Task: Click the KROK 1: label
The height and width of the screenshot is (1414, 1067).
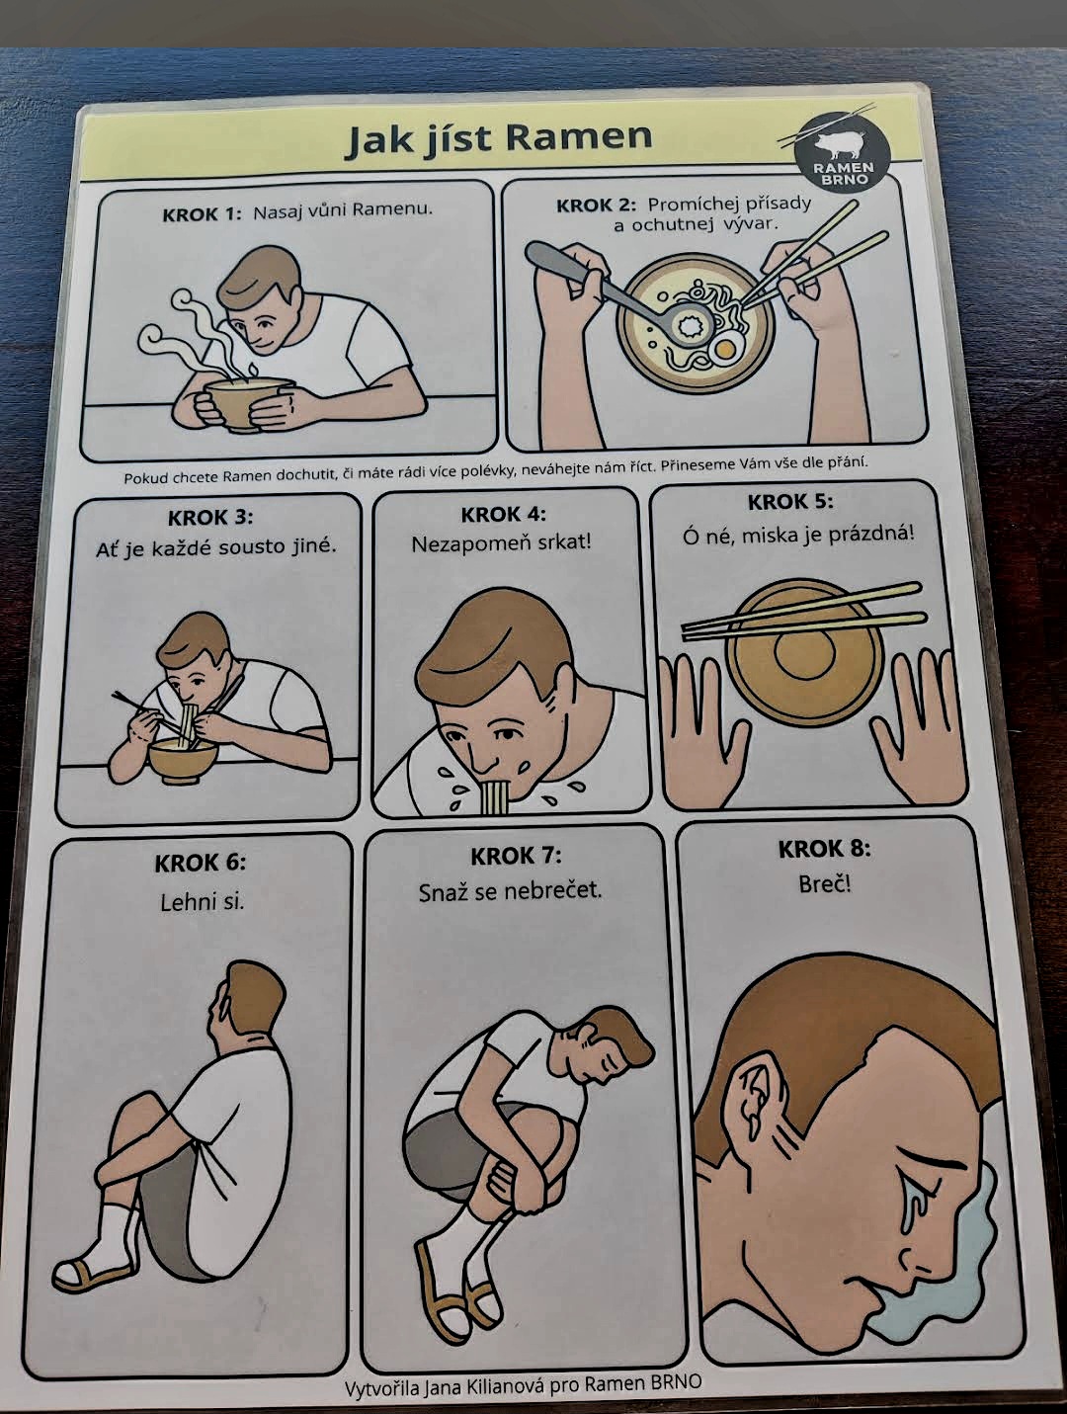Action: [x=202, y=214]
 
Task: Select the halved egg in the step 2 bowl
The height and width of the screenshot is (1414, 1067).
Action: [x=725, y=349]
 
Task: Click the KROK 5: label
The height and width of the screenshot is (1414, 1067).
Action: [x=789, y=502]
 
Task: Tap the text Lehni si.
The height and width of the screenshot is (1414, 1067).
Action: [x=203, y=901]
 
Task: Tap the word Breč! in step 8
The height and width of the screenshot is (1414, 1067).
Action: [x=825, y=883]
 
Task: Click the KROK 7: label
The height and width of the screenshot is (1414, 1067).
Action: [x=516, y=856]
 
